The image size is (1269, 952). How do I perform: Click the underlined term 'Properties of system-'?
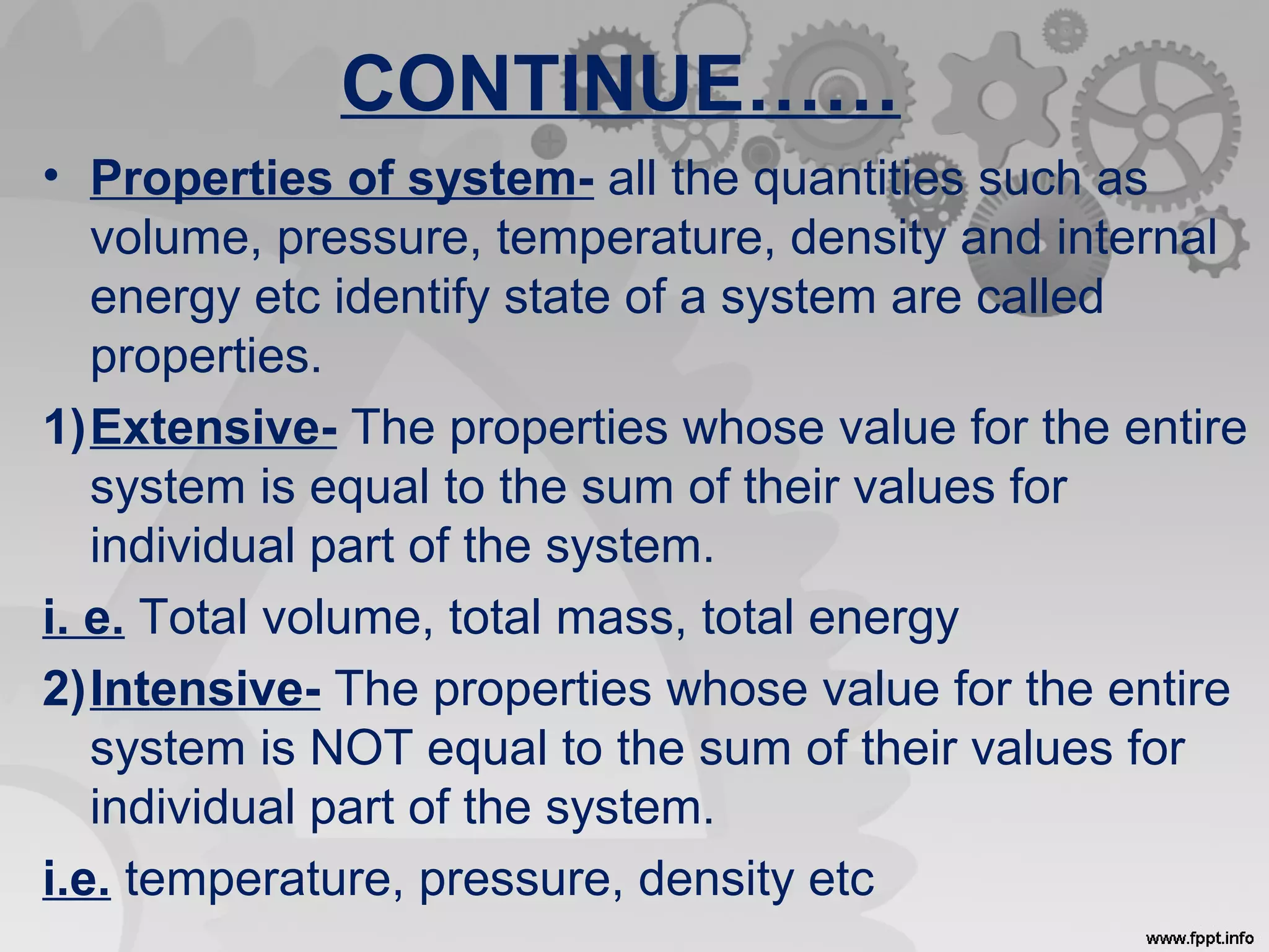coord(342,178)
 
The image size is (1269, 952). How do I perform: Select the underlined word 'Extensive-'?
coord(214,428)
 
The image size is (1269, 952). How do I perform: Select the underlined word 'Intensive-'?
coord(206,689)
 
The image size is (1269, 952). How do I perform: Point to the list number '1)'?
coord(64,428)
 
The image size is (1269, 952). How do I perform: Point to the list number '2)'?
coord(64,689)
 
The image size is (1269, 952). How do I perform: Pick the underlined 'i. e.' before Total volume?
coord(84,617)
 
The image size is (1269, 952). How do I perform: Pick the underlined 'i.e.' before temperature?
coord(77,879)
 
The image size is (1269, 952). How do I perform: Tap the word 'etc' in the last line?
coord(839,879)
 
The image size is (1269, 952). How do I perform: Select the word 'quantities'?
coord(858,178)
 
